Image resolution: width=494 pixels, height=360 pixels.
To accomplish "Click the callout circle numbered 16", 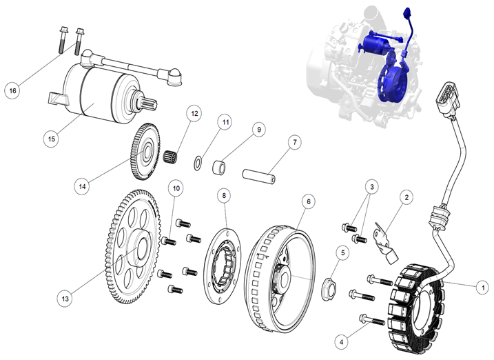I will [12, 90].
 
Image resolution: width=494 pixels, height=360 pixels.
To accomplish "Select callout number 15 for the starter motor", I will [51, 139].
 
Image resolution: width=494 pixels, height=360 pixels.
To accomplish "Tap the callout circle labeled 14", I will [82, 186].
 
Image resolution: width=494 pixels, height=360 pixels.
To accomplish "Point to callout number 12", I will [194, 113].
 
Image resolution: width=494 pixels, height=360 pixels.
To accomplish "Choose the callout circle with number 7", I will [294, 143].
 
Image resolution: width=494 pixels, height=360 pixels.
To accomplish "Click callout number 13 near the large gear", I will [65, 299].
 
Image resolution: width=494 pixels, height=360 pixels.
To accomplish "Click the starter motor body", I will [103, 90].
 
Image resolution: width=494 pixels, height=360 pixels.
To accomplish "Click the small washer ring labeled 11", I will [198, 163].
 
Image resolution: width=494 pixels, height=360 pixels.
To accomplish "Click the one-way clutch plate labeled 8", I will [225, 261].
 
